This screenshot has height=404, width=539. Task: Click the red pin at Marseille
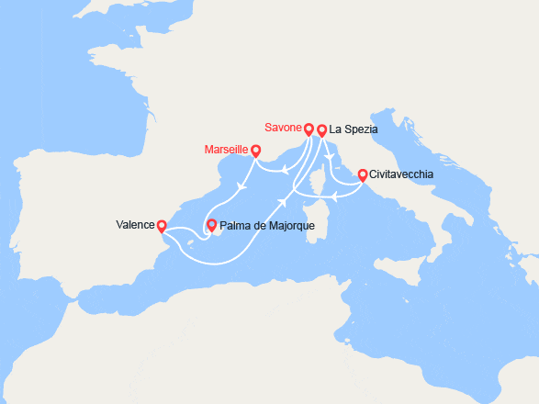coord(255,151)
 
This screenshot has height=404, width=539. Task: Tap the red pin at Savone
coord(309,129)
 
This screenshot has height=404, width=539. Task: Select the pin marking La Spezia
coord(321,129)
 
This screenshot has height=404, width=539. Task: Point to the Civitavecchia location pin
coord(363,174)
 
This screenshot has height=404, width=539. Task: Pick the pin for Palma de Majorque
coord(212,224)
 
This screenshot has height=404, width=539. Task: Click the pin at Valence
coord(162,225)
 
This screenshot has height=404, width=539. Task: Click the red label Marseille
coord(228,150)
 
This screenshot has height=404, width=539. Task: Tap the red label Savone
coord(282,129)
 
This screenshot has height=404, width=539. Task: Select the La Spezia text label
coord(353,129)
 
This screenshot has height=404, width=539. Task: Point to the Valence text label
coord(134,223)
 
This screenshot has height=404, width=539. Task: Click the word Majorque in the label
coord(289,225)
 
